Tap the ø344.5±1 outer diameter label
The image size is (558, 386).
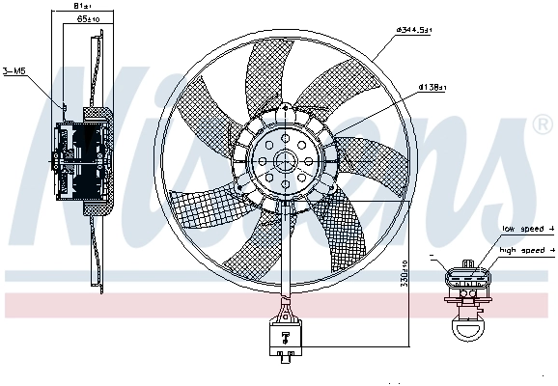click(415, 32)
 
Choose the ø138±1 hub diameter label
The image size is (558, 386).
click(430, 88)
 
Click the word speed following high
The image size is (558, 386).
click(534, 250)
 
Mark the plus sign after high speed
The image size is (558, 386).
click(551, 250)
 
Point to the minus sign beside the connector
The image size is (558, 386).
click(437, 258)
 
